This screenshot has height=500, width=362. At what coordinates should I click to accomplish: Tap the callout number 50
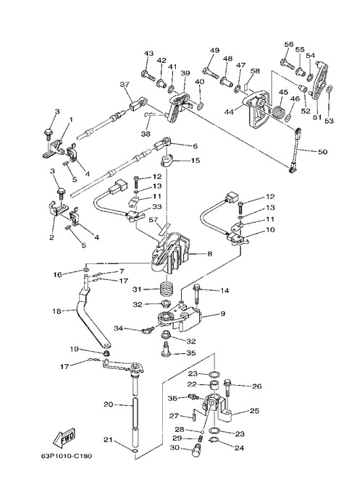(x=322, y=152)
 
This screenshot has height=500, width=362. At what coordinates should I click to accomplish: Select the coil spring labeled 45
(x=279, y=111)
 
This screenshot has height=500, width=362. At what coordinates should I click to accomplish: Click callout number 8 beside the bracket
(x=210, y=254)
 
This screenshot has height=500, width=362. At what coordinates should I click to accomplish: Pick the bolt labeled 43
(x=148, y=75)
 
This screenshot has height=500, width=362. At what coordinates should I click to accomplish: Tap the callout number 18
(x=56, y=311)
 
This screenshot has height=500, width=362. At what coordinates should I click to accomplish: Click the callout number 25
(x=254, y=411)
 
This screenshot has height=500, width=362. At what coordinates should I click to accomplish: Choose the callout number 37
(x=125, y=84)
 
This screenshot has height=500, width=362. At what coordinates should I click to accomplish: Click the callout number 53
(x=329, y=121)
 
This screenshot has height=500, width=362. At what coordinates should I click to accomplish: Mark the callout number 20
(x=108, y=404)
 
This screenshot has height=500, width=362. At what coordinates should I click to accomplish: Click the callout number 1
(x=71, y=119)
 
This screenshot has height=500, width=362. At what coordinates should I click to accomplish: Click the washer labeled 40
(x=201, y=105)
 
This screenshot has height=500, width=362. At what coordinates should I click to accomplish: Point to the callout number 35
(x=190, y=353)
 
